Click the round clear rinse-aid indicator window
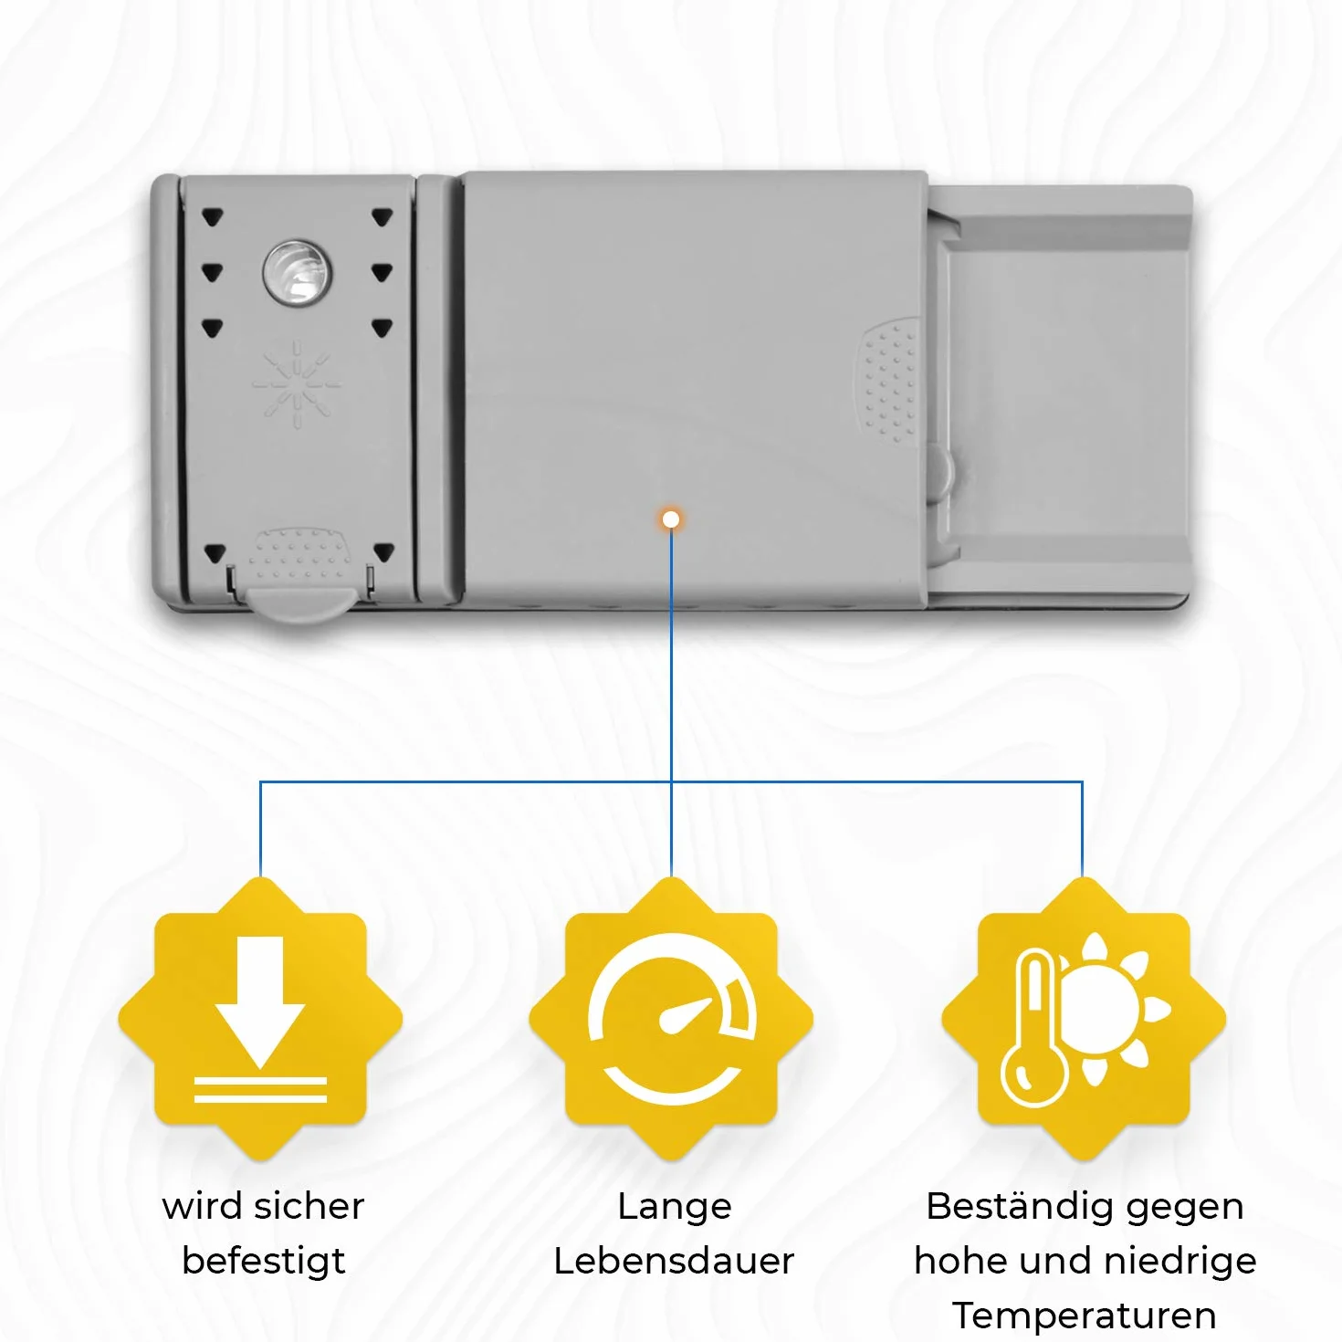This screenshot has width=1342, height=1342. (298, 274)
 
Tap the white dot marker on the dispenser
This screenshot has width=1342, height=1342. (671, 519)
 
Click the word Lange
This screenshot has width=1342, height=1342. (674, 1207)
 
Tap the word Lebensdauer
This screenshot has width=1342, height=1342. (674, 1261)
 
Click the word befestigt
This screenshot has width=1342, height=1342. (263, 1262)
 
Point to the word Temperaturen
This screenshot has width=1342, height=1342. (1085, 1316)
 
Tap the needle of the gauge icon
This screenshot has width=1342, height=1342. (687, 1014)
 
